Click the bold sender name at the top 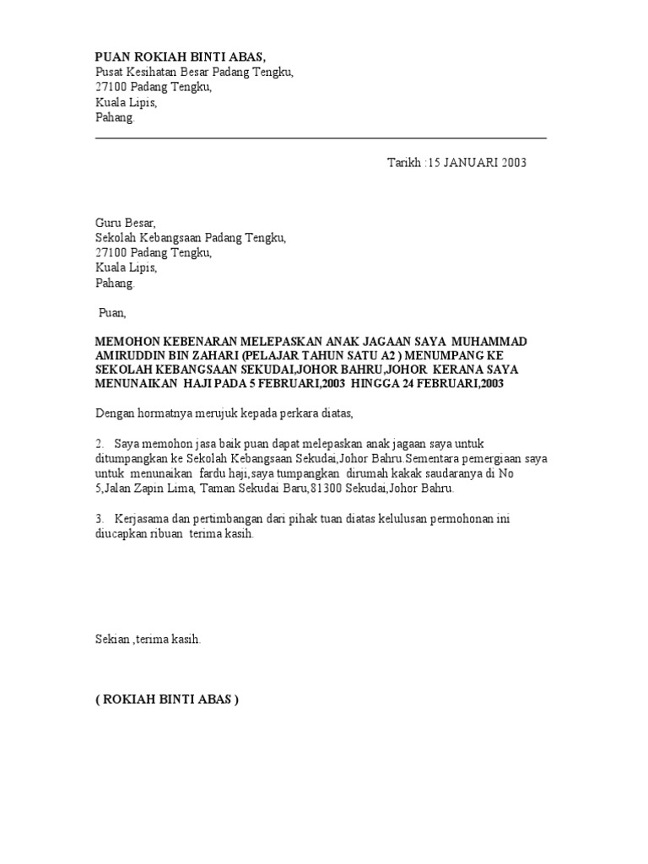click(x=180, y=57)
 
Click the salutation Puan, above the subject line click(x=111, y=313)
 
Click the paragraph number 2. click(x=99, y=444)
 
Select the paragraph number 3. click(x=99, y=518)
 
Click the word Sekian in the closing click(x=113, y=640)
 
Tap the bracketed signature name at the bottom click(x=167, y=699)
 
